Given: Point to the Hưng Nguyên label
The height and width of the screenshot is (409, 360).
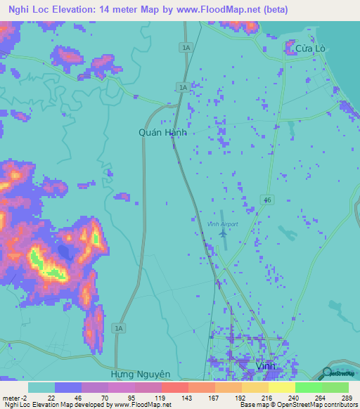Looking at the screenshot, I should coord(141,375).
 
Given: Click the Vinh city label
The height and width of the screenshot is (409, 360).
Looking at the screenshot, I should coord(265,367).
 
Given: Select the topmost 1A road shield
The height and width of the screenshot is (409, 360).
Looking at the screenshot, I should coord(185,47).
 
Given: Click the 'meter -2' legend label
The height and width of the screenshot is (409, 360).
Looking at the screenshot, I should coord(15,398).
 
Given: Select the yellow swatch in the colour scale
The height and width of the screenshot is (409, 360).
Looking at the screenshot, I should coord(282,387).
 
